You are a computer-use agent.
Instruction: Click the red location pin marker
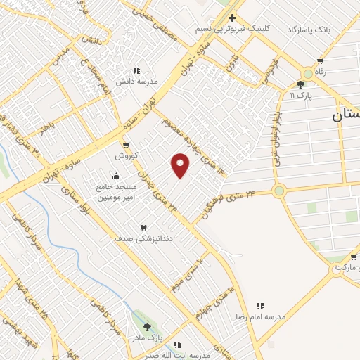181,165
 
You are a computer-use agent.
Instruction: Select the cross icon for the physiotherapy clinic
233,18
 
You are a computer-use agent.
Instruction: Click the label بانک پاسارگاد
308,30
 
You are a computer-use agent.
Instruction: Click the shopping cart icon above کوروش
126,146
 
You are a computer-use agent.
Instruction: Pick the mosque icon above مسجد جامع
116,176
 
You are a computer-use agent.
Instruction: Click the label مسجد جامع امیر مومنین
117,193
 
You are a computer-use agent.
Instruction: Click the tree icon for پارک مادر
147,327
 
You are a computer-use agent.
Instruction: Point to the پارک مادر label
148,338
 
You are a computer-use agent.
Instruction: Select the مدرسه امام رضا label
261,317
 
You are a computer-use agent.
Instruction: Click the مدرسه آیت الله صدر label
184,356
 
